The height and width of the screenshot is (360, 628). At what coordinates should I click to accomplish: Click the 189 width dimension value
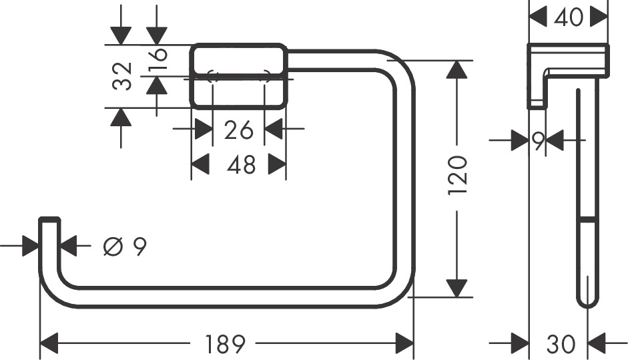pyautogui.click(x=225, y=344)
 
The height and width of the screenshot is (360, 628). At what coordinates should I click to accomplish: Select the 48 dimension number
pyautogui.click(x=240, y=164)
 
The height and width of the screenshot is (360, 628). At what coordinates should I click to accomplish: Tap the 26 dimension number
pyautogui.click(x=238, y=130)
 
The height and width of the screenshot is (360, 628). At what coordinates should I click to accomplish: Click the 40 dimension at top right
pyautogui.click(x=568, y=17)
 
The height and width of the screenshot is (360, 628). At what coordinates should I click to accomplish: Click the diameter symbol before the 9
pyautogui.click(x=112, y=246)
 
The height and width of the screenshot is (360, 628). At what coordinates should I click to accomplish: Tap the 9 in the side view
pyautogui.click(x=539, y=140)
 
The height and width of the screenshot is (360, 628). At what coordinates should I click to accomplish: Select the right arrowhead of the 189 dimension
pyautogui.click(x=404, y=344)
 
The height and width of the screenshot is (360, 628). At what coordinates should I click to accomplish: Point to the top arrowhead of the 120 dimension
pyautogui.click(x=456, y=69)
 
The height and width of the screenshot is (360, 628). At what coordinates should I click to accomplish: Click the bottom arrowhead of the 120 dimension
pyautogui.click(x=456, y=288)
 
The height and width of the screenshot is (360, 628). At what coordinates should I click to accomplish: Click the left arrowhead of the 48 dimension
pyautogui.click(x=201, y=164)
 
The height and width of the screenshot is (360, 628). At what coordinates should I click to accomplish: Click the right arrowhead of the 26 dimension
pyautogui.click(x=274, y=129)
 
